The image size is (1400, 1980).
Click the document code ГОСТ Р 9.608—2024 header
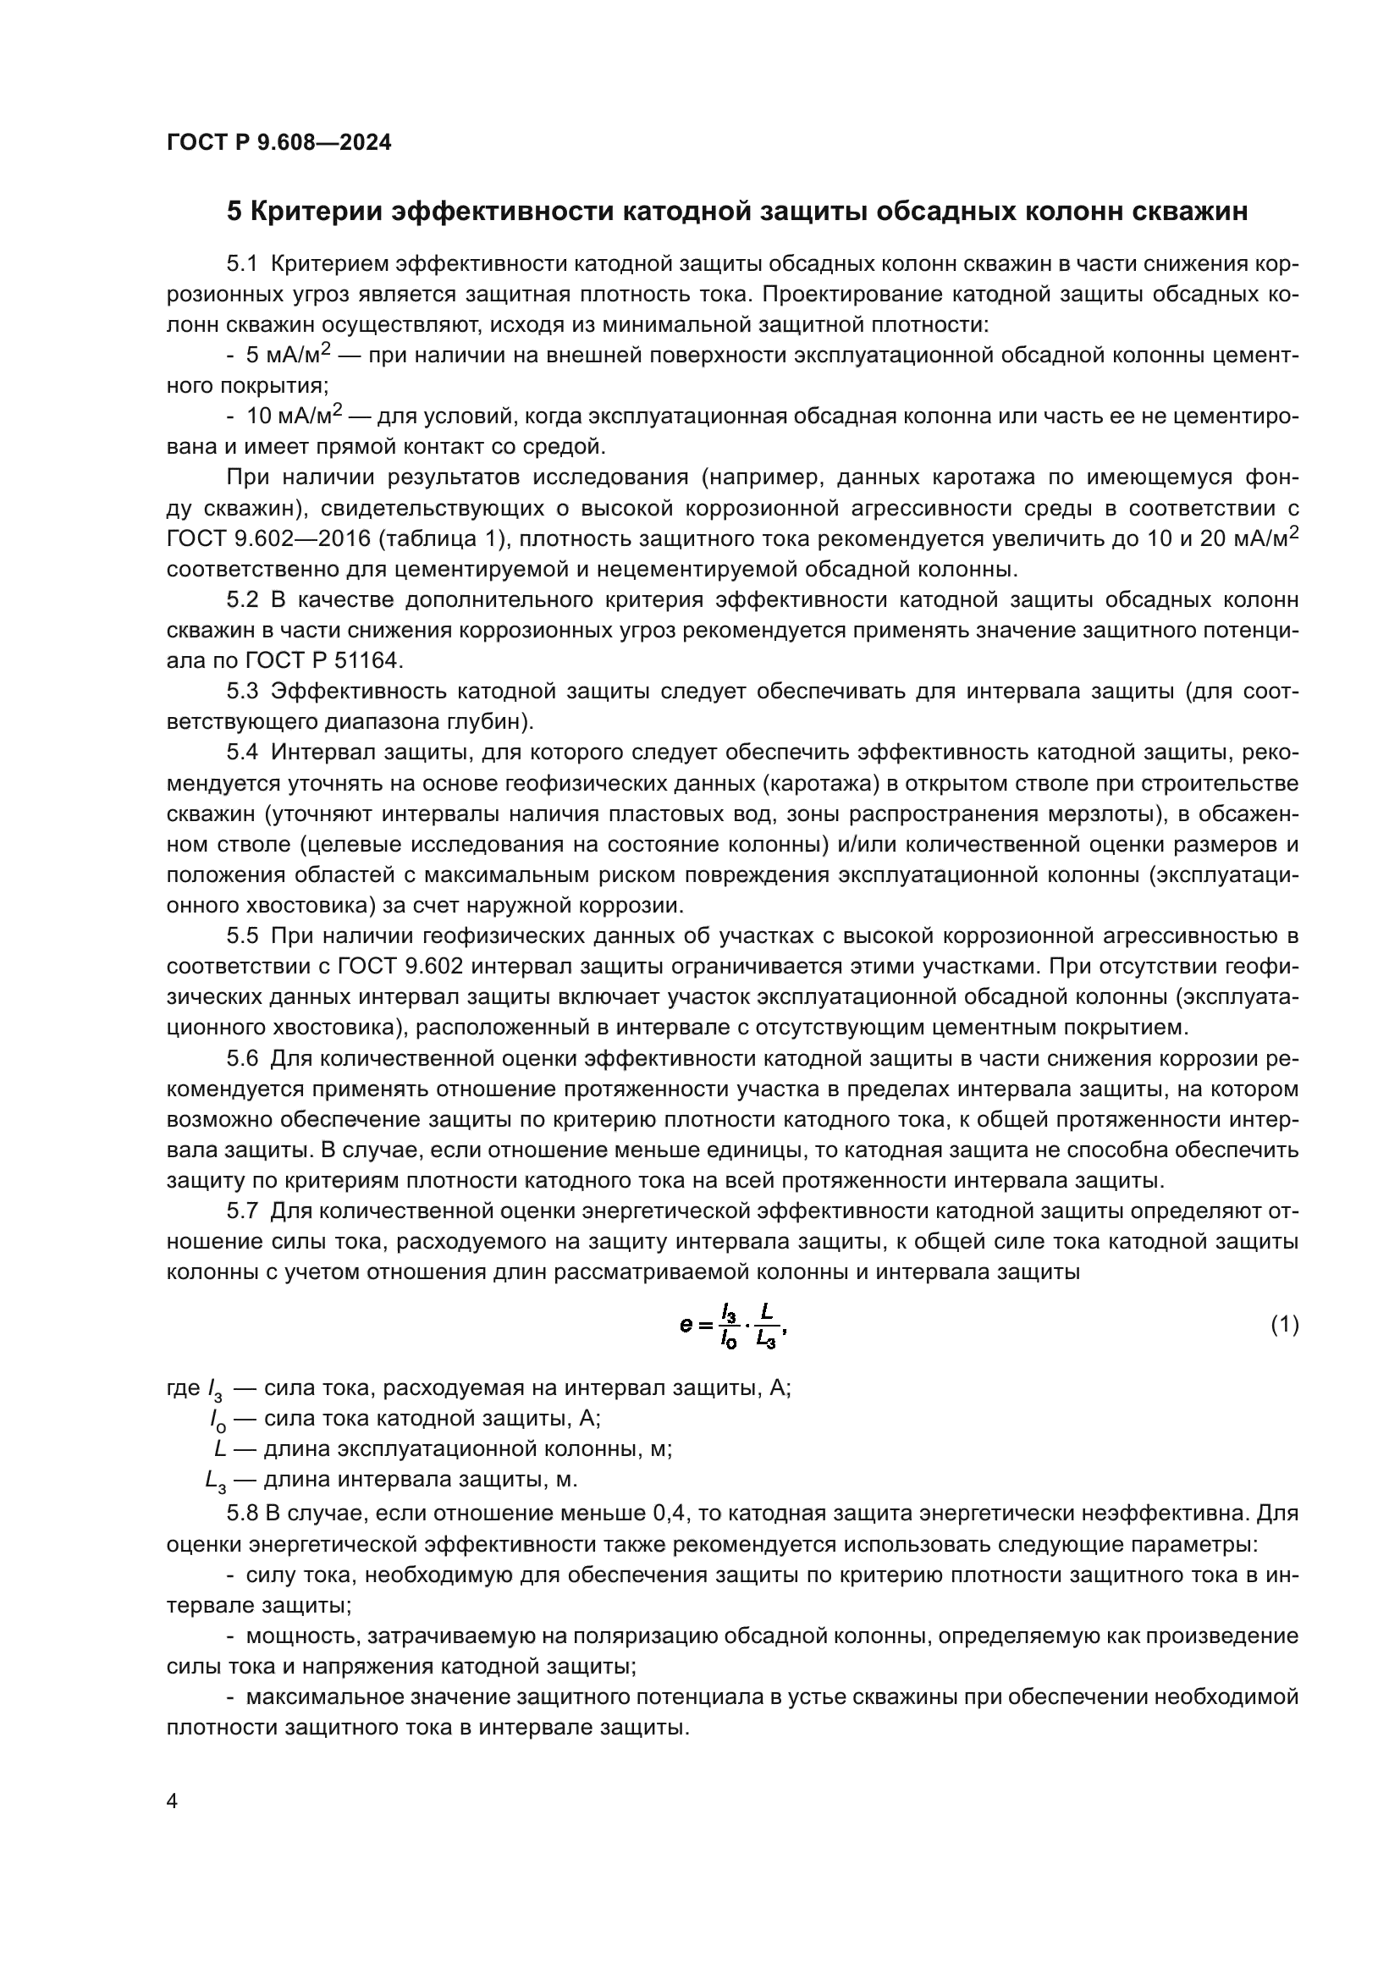pyautogui.click(x=278, y=142)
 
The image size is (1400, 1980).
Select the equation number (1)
pyautogui.click(x=1285, y=1324)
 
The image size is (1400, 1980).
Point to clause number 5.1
pyautogui.click(x=242, y=264)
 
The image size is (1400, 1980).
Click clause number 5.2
pyautogui.click(x=242, y=599)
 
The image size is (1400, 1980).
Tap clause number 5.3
pyautogui.click(x=242, y=691)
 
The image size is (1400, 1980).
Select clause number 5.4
pyautogui.click(x=242, y=752)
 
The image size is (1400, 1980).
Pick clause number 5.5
pyautogui.click(x=242, y=935)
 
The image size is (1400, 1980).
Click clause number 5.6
pyautogui.click(x=242, y=1058)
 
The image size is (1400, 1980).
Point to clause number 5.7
pyautogui.click(x=242, y=1211)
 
